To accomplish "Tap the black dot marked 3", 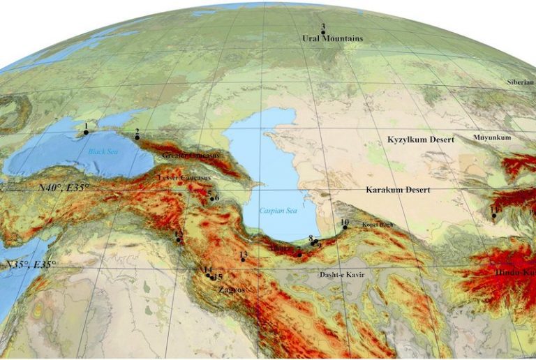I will point(323,32).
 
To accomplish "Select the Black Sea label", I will point(100,151).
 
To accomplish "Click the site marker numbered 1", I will point(86,133).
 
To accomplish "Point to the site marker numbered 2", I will point(137,137).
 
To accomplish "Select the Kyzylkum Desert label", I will point(420,140).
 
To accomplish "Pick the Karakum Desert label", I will point(398,190).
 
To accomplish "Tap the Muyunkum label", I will point(492,137).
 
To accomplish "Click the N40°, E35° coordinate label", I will point(64,188).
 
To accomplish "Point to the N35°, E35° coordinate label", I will point(29,264).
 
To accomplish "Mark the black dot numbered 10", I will point(345,227).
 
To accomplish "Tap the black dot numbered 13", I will point(243,260).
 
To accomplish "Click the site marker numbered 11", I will point(494,216).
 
